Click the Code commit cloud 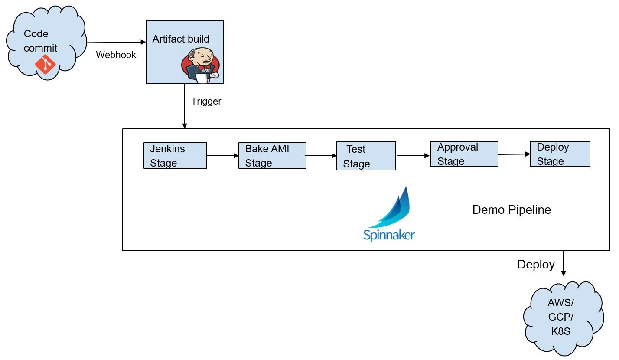[45, 43]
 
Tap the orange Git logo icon [46, 65]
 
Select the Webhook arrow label [116, 55]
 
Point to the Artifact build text [181, 39]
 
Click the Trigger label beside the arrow [206, 101]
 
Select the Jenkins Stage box [175, 156]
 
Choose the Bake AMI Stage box [272, 156]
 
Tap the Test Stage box [366, 156]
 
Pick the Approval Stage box [464, 154]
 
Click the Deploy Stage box [560, 154]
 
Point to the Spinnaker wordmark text [389, 235]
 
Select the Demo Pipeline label [511, 210]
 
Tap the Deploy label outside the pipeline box [536, 265]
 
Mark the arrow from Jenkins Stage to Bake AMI [223, 155]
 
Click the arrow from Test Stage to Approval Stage [413, 155]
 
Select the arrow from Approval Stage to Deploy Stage [514, 154]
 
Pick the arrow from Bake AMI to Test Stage [321, 155]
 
